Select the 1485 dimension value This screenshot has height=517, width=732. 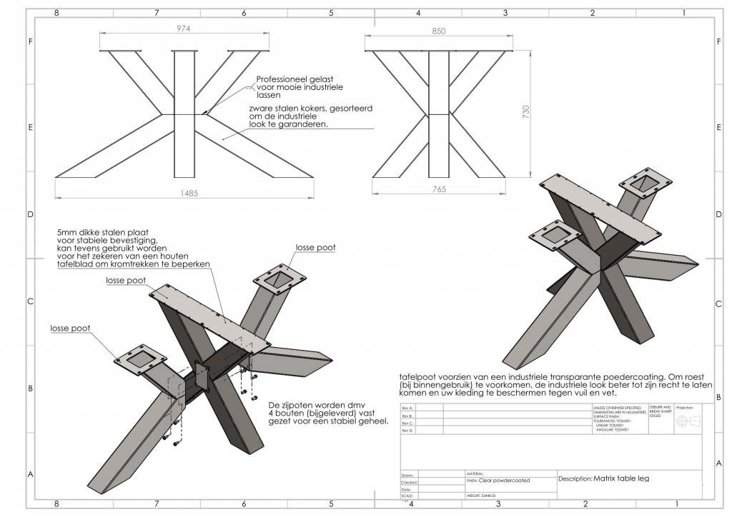[x=188, y=193]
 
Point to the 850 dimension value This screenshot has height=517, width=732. [x=439, y=31]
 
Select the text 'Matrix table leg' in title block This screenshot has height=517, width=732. [x=621, y=478]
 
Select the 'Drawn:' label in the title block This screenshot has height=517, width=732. [x=408, y=474]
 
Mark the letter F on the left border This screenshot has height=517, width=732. [x=31, y=42]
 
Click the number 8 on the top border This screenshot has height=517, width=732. [x=56, y=13]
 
